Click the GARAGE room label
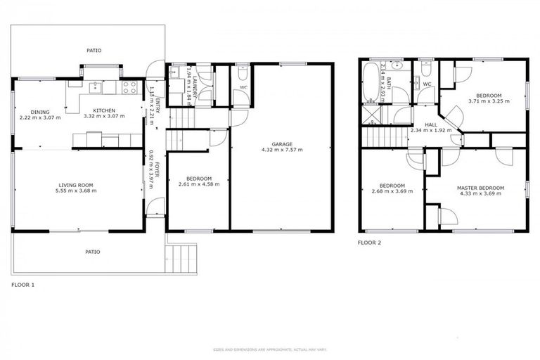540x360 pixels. [x=282, y=144]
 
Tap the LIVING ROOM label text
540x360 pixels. [x=77, y=185]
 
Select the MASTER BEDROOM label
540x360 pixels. [x=480, y=188]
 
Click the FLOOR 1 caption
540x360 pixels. [x=22, y=285]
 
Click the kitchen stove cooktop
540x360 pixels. [x=130, y=88]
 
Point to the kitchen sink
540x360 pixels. [x=94, y=87]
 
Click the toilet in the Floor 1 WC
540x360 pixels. [x=241, y=74]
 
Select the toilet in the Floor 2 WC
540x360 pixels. [x=425, y=70]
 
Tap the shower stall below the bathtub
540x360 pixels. [x=370, y=114]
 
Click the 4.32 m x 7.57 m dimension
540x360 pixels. [x=282, y=150]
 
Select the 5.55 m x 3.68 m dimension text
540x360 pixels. [x=77, y=191]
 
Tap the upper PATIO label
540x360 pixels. [x=94, y=51]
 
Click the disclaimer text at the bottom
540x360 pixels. [x=270, y=349]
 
